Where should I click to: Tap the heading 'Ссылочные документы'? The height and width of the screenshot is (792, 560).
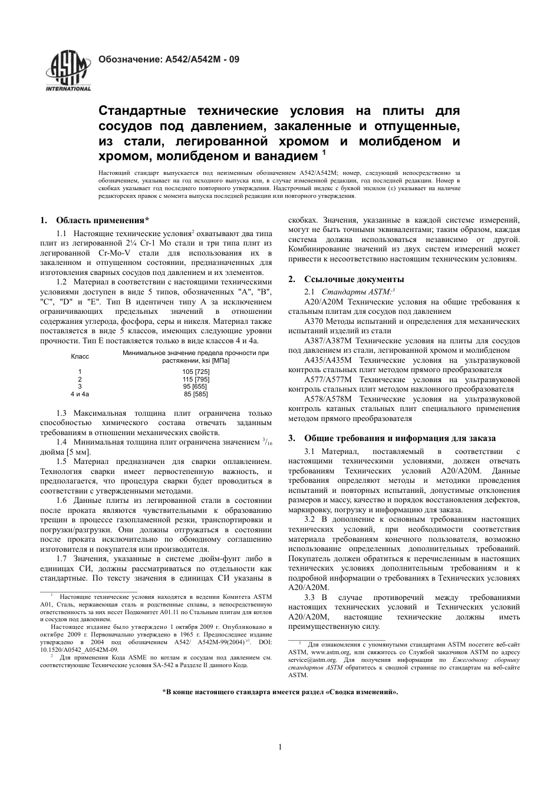pyautogui.click(x=354, y=279)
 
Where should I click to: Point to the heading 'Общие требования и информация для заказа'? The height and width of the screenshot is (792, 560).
pyautogui.click(x=400, y=438)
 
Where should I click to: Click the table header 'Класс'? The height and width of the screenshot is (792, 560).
pyautogui.click(x=80, y=356)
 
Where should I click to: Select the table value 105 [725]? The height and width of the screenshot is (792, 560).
pyautogui.click(x=196, y=372)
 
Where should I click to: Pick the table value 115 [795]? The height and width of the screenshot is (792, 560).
pyautogui.click(x=196, y=379)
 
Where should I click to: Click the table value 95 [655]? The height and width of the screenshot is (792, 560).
pyautogui.click(x=196, y=386)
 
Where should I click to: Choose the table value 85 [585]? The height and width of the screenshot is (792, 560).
pyautogui.click(x=196, y=394)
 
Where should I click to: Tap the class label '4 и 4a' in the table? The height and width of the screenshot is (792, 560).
pyautogui.click(x=80, y=394)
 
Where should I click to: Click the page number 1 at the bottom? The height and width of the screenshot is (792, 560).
pyautogui.click(x=280, y=747)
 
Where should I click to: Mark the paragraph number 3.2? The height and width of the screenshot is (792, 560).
pyautogui.click(x=310, y=519)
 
